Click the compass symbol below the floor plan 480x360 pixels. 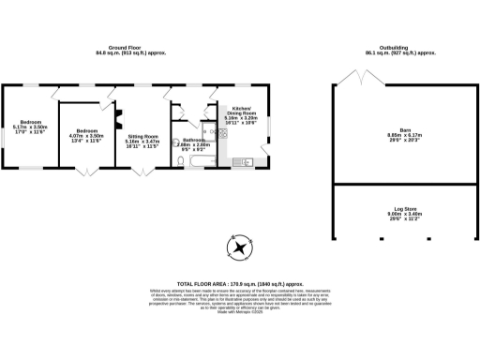click(x=241, y=248)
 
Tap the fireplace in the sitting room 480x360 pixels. click(x=118, y=120)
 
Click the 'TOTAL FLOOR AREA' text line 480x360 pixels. click(x=241, y=283)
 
